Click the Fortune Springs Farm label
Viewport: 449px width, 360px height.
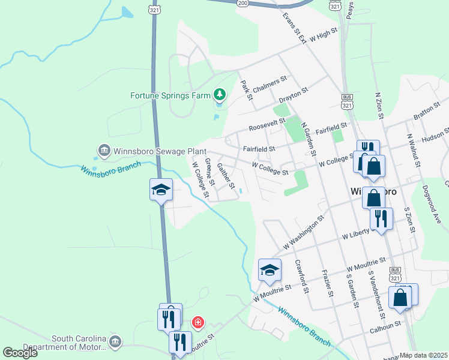pos(170,95)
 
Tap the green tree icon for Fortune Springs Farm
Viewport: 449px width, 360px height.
pos(220,95)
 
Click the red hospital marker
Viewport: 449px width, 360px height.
pos(197,323)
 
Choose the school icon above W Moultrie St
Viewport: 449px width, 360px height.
pos(270,269)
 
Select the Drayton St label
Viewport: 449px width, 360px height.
pos(294,94)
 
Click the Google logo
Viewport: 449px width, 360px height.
pos(20,352)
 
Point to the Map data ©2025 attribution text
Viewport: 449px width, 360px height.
pos(424,355)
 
